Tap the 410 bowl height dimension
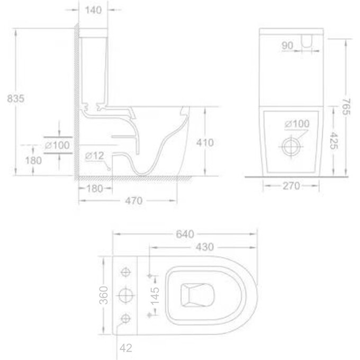point(204,142)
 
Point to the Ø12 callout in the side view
point(95,156)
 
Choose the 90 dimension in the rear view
point(288,46)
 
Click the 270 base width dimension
point(291,186)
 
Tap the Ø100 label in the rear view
point(296,124)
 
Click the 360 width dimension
point(104,295)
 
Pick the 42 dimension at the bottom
point(125,348)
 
